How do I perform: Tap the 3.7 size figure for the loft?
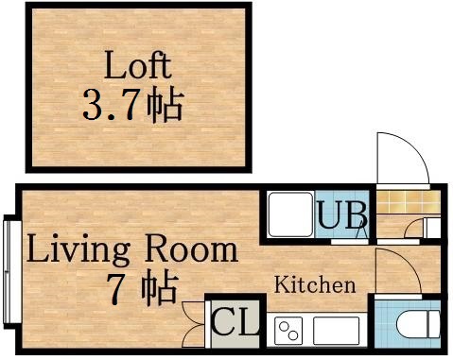(112, 104)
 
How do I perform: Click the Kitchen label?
(315, 284)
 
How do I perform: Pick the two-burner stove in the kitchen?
(287, 331)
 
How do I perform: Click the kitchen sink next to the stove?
(336, 331)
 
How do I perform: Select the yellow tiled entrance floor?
(398, 201)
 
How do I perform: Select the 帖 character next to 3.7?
(164, 104)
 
